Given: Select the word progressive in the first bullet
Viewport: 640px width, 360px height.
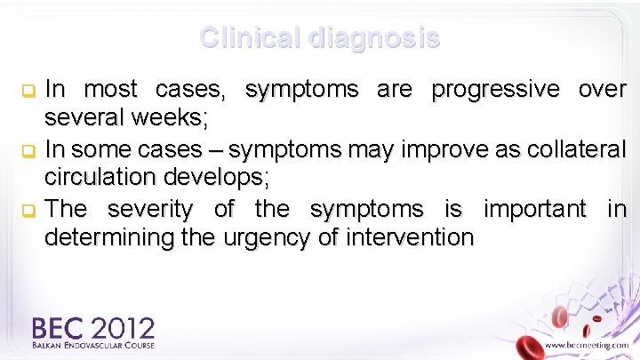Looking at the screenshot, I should click(494, 90).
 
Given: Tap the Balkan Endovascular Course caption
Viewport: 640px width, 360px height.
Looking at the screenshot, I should click(93, 345).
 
